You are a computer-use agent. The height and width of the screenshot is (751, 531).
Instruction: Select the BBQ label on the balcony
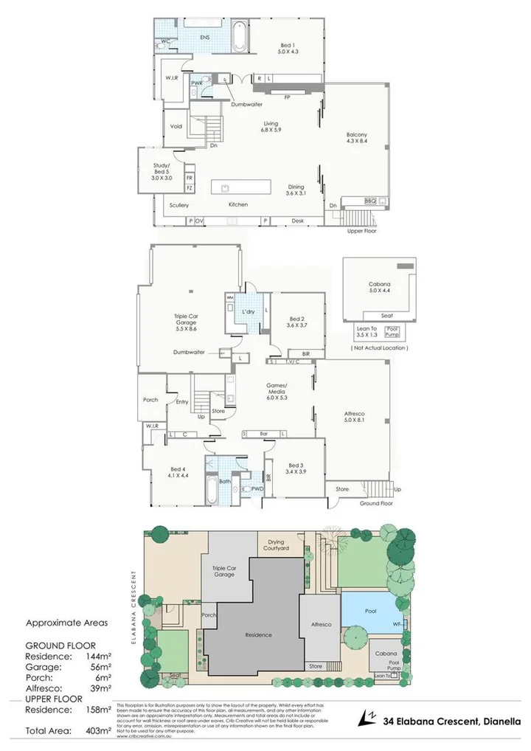pos(371,201)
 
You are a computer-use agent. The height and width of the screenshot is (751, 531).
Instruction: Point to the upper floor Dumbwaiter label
pos(246,105)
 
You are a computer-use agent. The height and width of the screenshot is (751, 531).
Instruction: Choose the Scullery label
pos(179,205)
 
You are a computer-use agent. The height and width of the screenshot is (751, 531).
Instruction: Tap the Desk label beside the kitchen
pos(297,221)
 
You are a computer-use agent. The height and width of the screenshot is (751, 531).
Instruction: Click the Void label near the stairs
pos(176,126)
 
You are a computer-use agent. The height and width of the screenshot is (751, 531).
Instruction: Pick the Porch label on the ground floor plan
pos(150,400)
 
